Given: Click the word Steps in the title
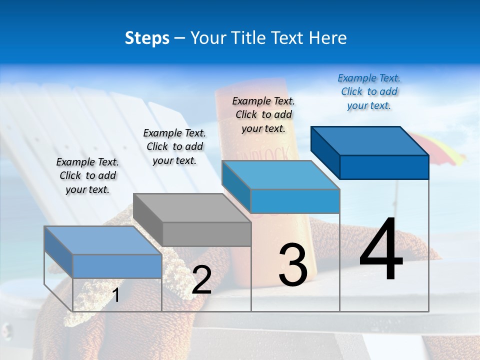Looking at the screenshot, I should [x=147, y=38].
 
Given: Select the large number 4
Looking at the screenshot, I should [x=381, y=250].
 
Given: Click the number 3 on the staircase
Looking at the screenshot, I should [x=293, y=265].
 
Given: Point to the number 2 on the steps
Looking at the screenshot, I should [x=201, y=280].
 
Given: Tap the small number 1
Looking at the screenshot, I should [x=116, y=295].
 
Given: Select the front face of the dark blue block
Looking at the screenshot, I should [x=384, y=167].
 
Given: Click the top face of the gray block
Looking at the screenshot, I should [x=192, y=208].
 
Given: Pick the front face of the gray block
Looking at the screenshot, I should [x=206, y=234].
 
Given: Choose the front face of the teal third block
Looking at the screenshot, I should [x=295, y=201].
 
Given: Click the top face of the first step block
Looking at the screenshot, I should [x=103, y=240].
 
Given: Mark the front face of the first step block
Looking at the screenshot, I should [x=117, y=266].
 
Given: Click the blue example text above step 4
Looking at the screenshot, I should [x=369, y=92].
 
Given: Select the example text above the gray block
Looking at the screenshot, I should [x=174, y=146].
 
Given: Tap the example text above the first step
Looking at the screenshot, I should [x=87, y=175].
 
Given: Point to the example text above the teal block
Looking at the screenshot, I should [x=263, y=114].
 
